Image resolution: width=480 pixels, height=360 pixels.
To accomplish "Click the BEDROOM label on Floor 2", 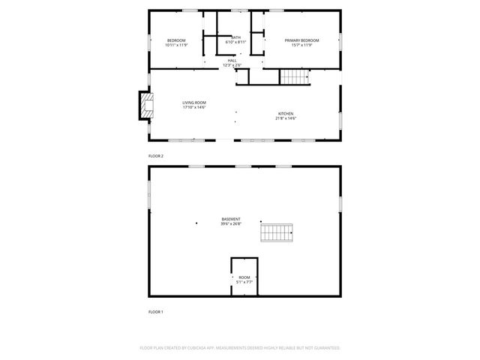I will (176, 40).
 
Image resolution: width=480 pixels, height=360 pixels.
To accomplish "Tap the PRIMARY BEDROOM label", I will (301, 40).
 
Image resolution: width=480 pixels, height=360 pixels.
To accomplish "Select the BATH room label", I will (236, 37).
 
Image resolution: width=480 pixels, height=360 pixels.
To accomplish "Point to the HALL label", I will (232, 61).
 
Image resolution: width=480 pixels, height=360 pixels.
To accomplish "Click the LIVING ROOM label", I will (194, 103).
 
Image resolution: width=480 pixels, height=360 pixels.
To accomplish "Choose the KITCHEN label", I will (286, 113).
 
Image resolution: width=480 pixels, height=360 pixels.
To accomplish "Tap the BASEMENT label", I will (231, 219).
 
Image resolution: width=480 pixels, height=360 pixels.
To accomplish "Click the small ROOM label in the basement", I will (244, 277).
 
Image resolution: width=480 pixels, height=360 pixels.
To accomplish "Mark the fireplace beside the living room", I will (146, 106).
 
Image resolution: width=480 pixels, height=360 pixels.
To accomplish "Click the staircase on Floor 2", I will (295, 76).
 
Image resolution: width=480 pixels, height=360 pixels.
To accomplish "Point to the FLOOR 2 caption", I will (156, 156).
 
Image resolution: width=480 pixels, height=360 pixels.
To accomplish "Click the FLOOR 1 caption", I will (156, 311).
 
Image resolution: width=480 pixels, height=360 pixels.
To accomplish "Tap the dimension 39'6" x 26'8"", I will (231, 223).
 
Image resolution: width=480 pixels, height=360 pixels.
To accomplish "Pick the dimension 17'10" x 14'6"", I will (194, 107).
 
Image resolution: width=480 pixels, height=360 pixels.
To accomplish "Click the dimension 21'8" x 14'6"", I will (286, 118).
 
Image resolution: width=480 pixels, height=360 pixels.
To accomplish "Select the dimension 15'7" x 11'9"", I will (301, 44).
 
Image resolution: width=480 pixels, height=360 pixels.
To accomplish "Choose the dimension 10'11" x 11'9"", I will (176, 44).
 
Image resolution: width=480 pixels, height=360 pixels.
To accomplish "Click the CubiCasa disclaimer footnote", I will (240, 348).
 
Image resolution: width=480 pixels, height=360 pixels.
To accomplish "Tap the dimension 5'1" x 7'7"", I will (244, 282).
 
